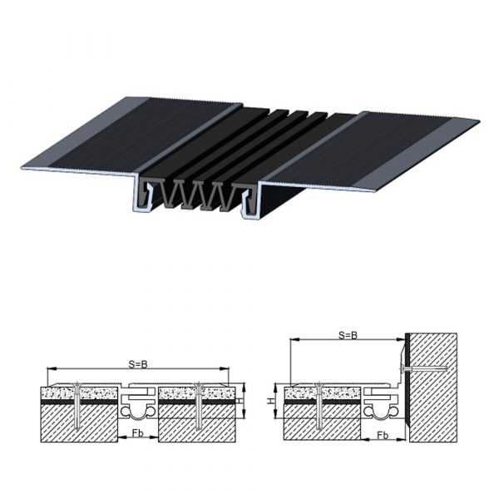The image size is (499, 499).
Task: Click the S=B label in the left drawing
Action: coord(138,364)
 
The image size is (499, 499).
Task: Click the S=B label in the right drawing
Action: coord(348,335)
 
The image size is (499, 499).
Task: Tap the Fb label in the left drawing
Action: coord(138,432)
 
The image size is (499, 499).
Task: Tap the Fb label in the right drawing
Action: coord(383,435)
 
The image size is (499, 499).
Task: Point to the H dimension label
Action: coord(270,401)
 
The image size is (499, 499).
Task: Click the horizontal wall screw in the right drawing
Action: coord(423,369)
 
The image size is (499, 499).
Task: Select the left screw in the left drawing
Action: coord(77,406)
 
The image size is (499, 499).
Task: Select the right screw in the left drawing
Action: coord(199,406)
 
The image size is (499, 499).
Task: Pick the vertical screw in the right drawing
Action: coord(319,406)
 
